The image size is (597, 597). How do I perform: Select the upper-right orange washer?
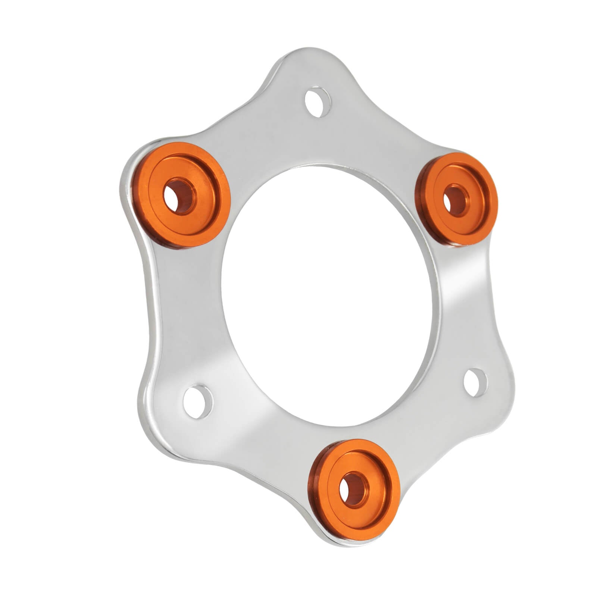(x=456, y=199)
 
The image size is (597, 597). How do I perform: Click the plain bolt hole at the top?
(x=318, y=102)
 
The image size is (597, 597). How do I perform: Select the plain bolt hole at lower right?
(x=475, y=382)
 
